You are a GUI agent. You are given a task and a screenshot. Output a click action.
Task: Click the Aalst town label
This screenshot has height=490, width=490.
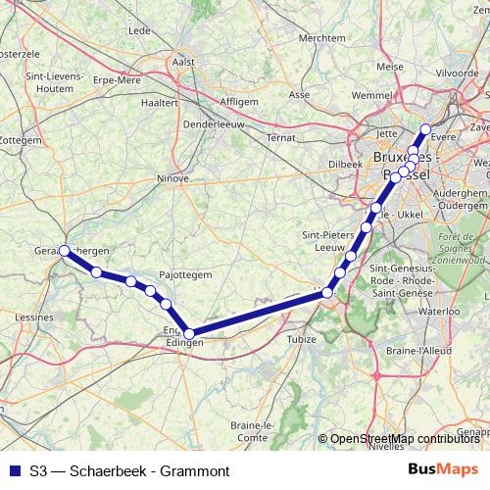[x=183, y=61]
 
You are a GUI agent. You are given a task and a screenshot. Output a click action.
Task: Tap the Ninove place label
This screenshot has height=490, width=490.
[x=172, y=178]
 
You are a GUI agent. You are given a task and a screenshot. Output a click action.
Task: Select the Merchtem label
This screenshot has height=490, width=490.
[x=322, y=38]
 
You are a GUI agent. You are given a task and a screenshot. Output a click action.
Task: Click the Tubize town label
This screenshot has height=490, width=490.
[x=302, y=339]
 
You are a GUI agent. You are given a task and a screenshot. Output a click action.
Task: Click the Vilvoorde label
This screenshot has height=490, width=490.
[x=457, y=73]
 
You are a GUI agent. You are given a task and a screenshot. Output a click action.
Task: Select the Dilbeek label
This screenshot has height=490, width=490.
[x=346, y=164]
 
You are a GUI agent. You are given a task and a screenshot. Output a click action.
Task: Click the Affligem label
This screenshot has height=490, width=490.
[x=239, y=101]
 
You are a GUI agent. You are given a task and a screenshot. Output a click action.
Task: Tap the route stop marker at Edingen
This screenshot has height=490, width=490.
[x=189, y=334]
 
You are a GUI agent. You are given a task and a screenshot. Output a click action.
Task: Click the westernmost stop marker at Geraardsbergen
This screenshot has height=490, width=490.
[x=65, y=251]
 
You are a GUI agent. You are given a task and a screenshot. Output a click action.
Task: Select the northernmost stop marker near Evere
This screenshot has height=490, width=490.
[x=425, y=129]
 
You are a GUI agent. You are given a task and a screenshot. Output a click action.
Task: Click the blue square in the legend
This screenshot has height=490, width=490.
[x=13, y=470]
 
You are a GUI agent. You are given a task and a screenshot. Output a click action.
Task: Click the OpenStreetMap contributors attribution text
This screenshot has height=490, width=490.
[x=404, y=439]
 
